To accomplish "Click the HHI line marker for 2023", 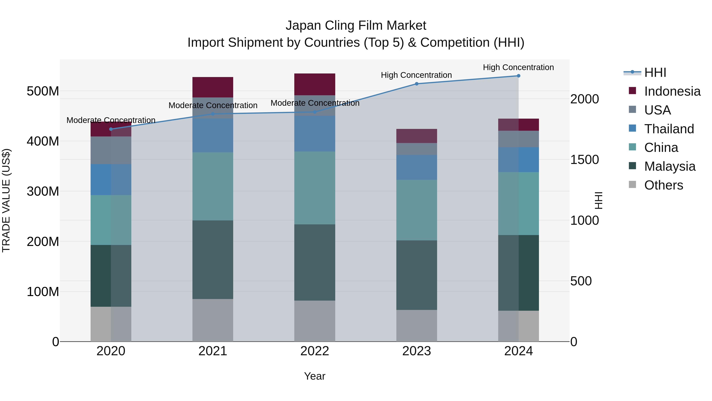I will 417,84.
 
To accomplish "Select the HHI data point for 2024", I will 519,76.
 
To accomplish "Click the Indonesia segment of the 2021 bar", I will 213,87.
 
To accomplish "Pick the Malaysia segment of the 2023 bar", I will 417,275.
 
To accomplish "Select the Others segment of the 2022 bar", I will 314,321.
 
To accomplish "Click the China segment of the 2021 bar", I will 213,186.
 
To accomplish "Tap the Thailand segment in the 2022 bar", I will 314,134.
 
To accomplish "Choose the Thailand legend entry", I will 669,129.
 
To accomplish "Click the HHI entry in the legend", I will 655,72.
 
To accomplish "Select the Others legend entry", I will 663,185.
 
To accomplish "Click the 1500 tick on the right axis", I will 585,160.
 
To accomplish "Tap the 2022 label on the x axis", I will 314,351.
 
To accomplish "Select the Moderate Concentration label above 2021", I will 213,105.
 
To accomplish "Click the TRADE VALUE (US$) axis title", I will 6,200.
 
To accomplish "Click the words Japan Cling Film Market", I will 356,26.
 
